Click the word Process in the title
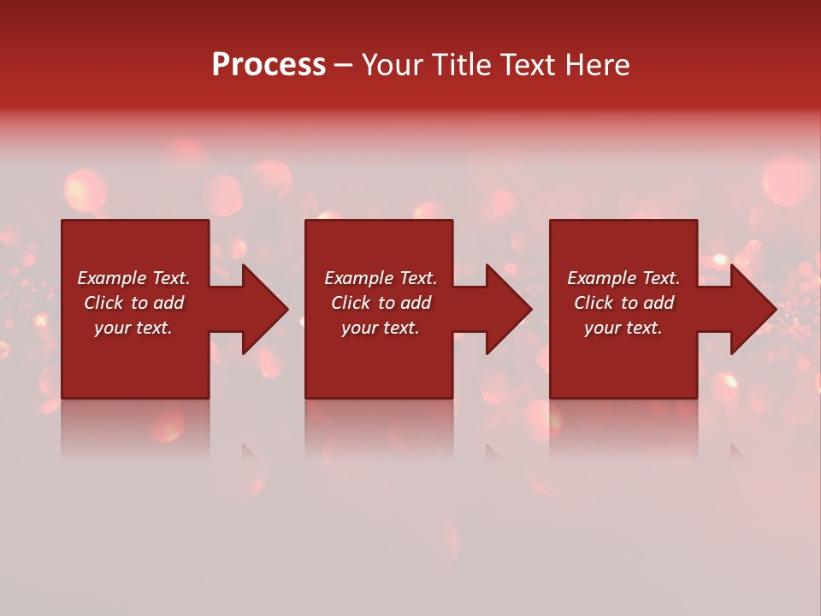pos(269,65)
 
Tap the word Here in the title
pos(598,65)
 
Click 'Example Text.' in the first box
pos(133,278)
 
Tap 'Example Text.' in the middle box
pos(381,278)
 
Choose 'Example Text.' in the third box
pos(623,278)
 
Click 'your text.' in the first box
pos(133,328)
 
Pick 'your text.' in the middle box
pos(381,328)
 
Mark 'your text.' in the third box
pos(623,328)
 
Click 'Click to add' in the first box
pos(133,303)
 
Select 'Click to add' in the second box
pos(381,303)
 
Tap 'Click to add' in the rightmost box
pos(623,303)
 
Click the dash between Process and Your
pos(343,66)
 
